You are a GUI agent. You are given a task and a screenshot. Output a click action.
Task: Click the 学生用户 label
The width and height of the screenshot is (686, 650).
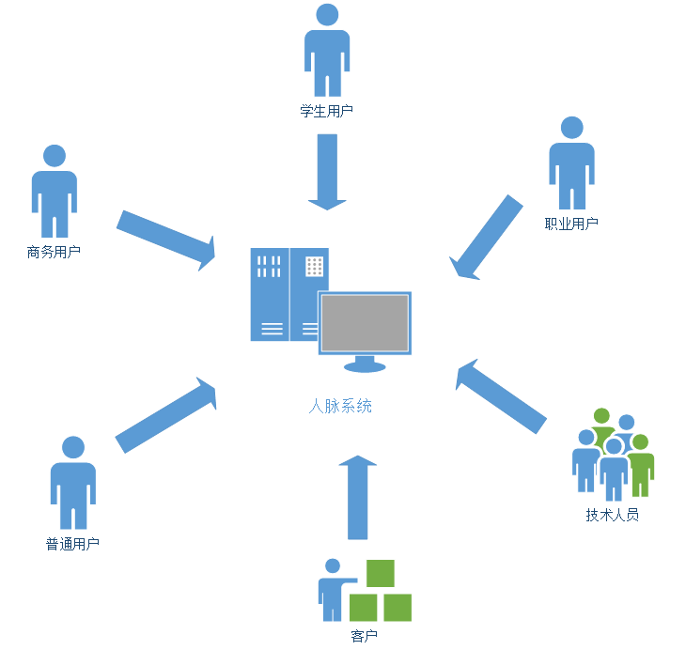pyautogui.click(x=326, y=111)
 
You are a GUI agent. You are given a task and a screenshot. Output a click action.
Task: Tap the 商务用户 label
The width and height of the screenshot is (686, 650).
pyautogui.click(x=54, y=252)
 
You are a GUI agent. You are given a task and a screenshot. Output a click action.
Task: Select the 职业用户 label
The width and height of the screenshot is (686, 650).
pyautogui.click(x=571, y=224)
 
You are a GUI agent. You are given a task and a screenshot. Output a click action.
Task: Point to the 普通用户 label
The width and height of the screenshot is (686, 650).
pyautogui.click(x=72, y=544)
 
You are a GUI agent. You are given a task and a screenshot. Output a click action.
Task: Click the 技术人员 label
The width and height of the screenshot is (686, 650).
pyautogui.click(x=613, y=515)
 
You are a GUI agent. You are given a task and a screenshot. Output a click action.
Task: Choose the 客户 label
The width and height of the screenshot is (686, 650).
pyautogui.click(x=364, y=636)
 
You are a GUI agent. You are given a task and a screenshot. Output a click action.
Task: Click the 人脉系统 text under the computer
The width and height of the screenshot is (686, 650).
pyautogui.click(x=340, y=406)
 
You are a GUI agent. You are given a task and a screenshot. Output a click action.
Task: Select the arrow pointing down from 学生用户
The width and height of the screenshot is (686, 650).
pyautogui.click(x=327, y=172)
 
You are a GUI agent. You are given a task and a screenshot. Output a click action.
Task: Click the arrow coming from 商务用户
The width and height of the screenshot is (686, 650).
pyautogui.click(x=166, y=240)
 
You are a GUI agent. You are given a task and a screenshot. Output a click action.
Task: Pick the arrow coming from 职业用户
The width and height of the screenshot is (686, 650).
pyautogui.click(x=486, y=237)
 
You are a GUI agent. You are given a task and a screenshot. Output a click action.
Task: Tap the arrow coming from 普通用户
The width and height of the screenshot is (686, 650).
pyautogui.click(x=165, y=415)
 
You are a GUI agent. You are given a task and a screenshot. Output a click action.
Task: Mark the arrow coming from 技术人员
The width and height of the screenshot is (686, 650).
pyautogui.click(x=501, y=396)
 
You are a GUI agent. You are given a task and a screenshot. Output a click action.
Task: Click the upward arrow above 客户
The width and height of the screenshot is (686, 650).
pyautogui.click(x=358, y=497)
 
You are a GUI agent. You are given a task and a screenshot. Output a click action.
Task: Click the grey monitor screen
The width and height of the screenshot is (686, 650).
pyautogui.click(x=365, y=323)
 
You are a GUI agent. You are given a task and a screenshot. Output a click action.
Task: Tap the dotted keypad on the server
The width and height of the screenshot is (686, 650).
pyautogui.click(x=315, y=267)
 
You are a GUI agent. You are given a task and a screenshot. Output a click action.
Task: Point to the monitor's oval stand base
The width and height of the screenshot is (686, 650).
pyautogui.click(x=365, y=367)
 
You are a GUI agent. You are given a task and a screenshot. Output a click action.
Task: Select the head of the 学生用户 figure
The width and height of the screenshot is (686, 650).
pyautogui.click(x=327, y=15)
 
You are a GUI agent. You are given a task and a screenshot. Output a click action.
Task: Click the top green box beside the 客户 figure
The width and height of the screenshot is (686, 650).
pyautogui.click(x=381, y=573)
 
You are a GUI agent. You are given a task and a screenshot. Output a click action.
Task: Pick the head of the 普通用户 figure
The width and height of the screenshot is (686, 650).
pyautogui.click(x=73, y=447)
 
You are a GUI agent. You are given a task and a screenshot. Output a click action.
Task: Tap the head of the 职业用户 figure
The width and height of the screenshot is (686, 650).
pyautogui.click(x=571, y=128)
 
